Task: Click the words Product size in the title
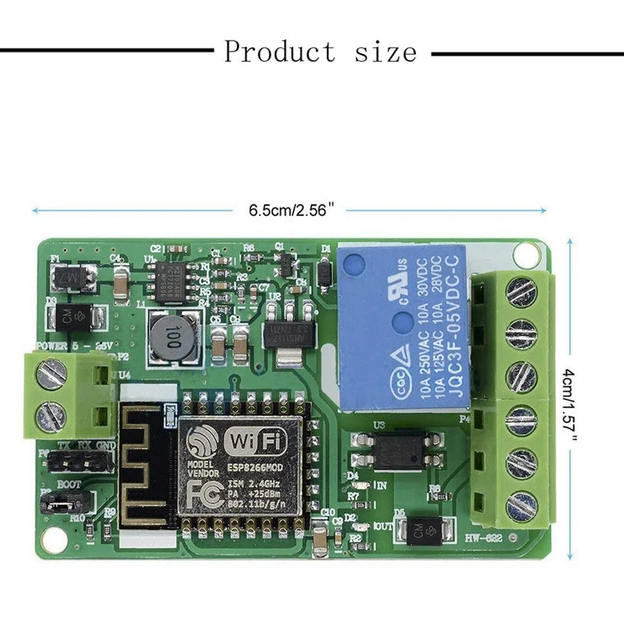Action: tap(321, 52)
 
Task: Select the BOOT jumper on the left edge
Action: tap(56, 505)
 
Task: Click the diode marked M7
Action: tap(71, 275)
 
